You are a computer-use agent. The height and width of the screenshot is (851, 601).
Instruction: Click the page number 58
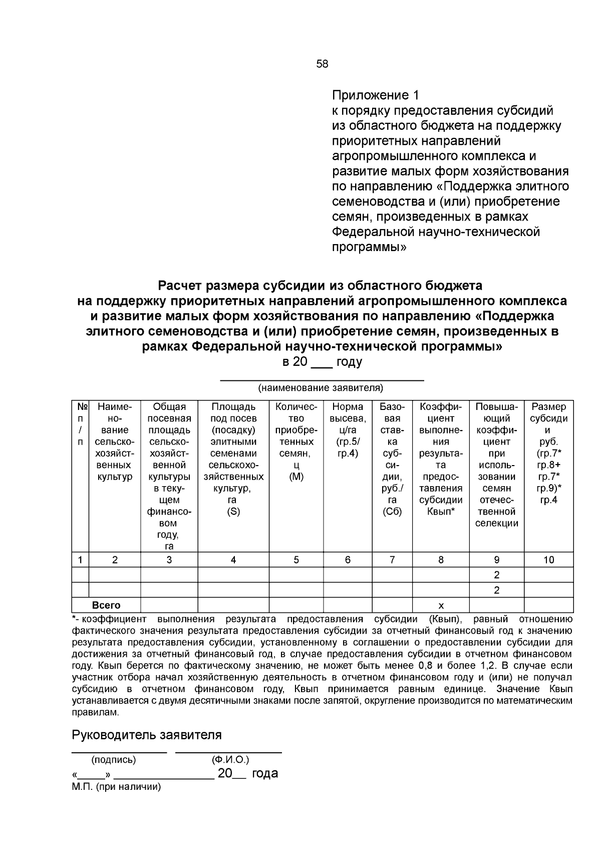(322, 64)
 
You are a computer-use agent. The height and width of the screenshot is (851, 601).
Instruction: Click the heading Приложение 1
(375, 95)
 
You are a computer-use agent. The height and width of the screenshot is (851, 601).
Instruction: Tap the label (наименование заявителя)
(321, 388)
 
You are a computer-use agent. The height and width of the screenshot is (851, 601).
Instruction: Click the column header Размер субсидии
(548, 453)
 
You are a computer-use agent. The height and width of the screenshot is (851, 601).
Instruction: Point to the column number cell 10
(548, 560)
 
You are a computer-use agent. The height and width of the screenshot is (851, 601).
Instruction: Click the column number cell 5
(296, 560)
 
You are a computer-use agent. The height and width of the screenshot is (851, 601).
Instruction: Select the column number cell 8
(441, 560)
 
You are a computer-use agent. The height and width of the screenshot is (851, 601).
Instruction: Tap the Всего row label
(106, 605)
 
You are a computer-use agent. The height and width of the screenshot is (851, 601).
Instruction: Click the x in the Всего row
(441, 605)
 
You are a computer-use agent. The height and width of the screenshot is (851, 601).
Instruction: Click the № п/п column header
(81, 424)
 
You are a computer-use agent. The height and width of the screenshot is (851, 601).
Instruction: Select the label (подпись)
(113, 760)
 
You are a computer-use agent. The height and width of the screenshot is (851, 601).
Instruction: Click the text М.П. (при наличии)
(116, 787)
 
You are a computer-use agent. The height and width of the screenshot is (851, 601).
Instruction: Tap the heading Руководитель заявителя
(147, 735)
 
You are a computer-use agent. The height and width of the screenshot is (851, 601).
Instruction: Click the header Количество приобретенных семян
(296, 442)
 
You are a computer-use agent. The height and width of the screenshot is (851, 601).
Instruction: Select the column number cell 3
(169, 560)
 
